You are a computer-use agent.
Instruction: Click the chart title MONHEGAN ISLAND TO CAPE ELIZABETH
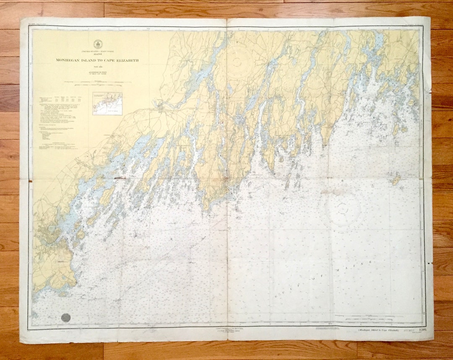coord(98,60)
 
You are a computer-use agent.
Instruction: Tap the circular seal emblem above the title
coord(98,43)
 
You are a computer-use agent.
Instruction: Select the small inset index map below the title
coord(107,104)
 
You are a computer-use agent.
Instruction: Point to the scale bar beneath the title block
coord(98,85)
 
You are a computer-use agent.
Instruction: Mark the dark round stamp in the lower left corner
coord(66,317)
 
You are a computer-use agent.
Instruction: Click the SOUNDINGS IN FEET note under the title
coord(98,76)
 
